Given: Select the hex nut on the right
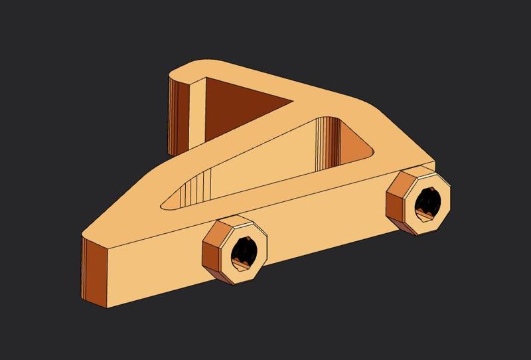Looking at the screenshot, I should coord(419,201).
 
